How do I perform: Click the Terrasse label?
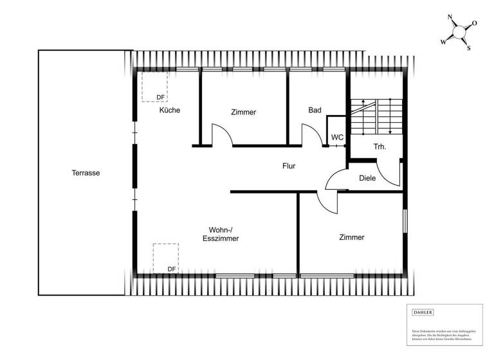point(86,172)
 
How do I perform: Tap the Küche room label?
point(170,110)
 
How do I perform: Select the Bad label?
point(315,110)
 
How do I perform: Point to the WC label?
point(337,138)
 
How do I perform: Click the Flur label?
point(289,166)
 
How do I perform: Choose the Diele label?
point(367,178)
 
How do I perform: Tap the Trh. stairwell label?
point(380,147)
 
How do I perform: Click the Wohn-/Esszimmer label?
point(224,234)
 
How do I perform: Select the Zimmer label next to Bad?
point(243,112)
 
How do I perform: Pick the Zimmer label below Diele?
point(352,237)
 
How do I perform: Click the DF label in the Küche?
point(160,98)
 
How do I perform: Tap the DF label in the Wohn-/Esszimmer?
point(171,269)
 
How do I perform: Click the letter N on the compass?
point(450,19)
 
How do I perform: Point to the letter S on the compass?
point(468,48)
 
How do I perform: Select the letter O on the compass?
point(474,23)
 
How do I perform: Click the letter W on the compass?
point(443,42)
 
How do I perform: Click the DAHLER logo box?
point(423,312)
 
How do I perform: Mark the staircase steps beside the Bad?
point(376,116)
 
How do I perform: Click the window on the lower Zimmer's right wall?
point(405,220)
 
